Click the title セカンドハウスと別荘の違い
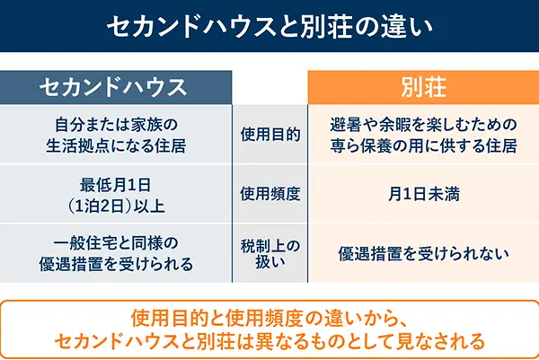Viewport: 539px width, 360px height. point(269,27)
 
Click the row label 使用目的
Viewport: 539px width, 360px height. point(269,134)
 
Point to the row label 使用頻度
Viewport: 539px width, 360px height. point(269,193)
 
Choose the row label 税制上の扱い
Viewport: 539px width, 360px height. point(269,252)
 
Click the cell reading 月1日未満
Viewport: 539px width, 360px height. point(424,193)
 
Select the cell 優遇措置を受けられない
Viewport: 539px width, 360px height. point(424,253)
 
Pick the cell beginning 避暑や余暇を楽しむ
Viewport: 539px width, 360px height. point(424,134)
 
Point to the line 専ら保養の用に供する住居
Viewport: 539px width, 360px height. point(424,145)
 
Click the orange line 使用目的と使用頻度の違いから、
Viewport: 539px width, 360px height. point(269,319)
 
